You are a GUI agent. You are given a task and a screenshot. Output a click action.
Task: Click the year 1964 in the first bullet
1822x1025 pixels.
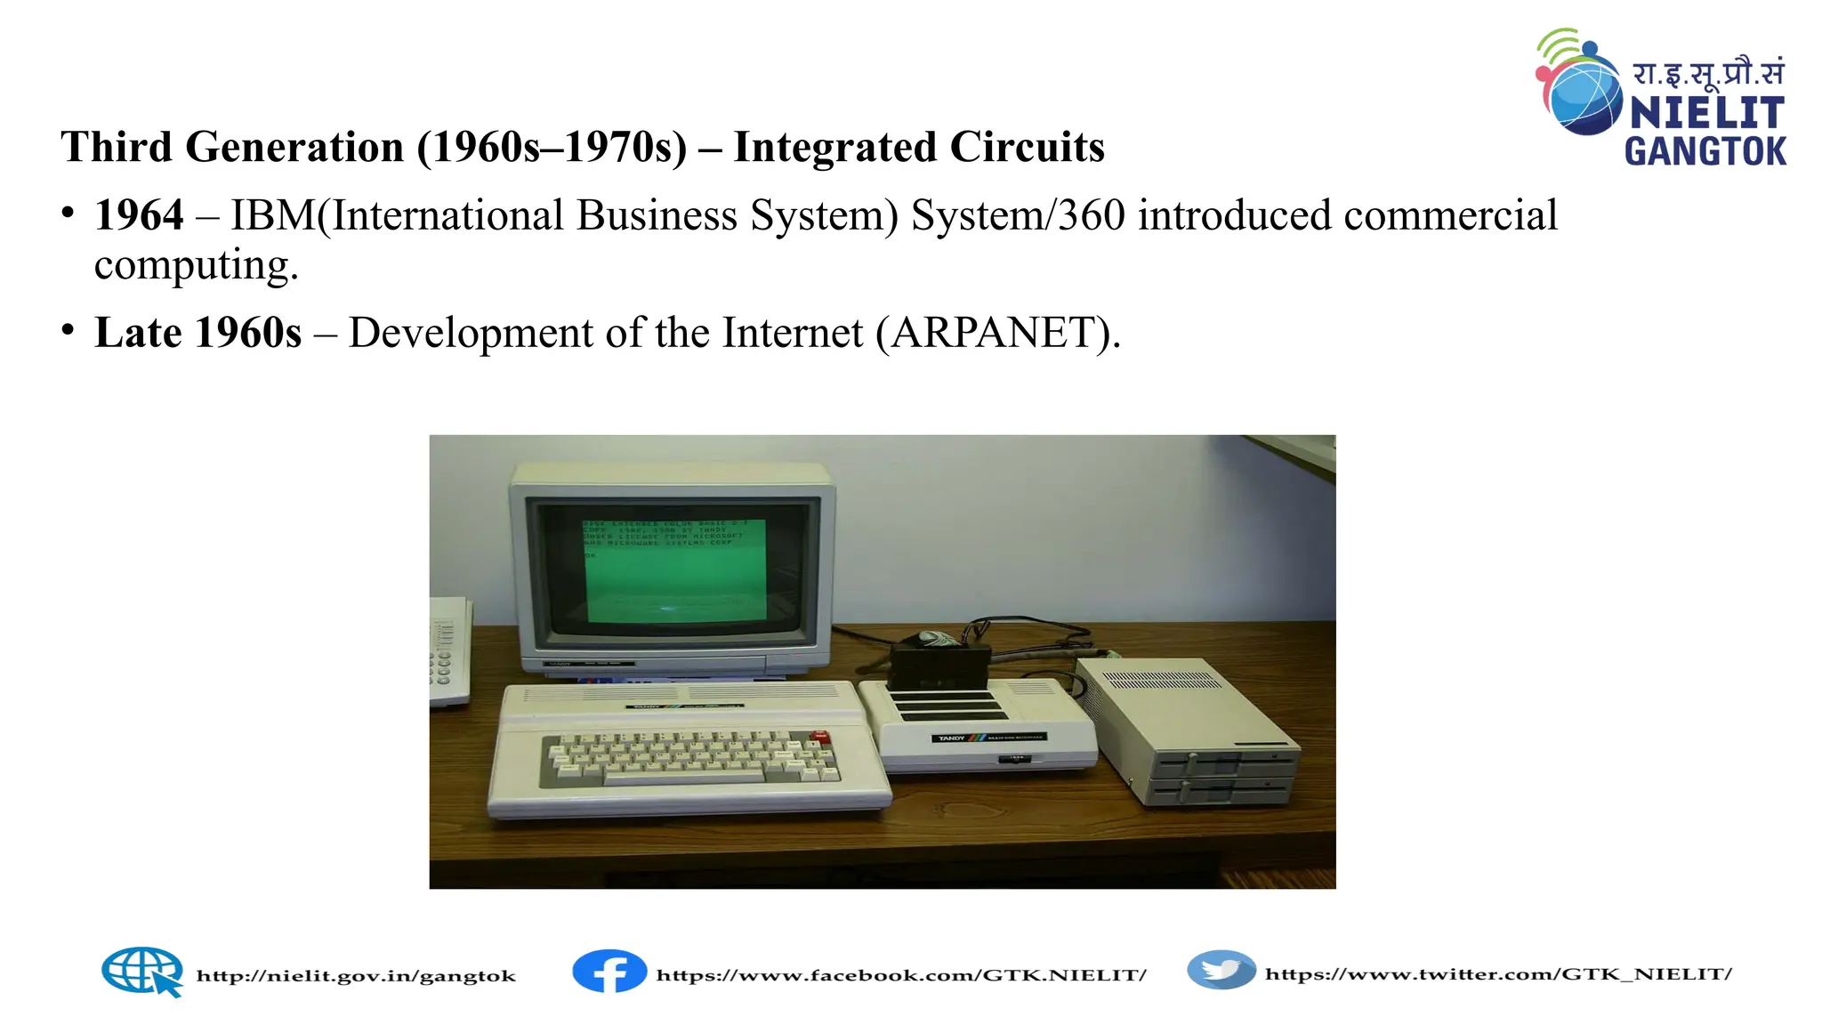[x=139, y=216]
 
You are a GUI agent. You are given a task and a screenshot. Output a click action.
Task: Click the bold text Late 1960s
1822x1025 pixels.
[x=198, y=334]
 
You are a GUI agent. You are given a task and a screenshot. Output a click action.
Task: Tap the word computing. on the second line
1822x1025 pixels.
[x=196, y=265]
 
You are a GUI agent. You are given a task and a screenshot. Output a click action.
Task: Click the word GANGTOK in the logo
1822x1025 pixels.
[x=1705, y=151]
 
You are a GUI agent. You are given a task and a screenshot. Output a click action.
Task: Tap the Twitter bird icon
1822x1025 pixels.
[x=1221, y=970]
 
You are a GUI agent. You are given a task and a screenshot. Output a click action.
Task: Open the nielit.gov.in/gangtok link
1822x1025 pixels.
[x=356, y=976]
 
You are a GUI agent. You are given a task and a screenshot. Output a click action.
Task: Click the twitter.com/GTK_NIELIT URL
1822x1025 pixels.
[x=1498, y=974]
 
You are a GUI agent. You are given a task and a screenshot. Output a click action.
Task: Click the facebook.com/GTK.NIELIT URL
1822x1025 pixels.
[x=901, y=975]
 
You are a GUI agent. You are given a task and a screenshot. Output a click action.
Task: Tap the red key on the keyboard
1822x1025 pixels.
[x=820, y=737]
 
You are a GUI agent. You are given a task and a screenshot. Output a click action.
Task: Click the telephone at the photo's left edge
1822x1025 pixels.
[x=449, y=654]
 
